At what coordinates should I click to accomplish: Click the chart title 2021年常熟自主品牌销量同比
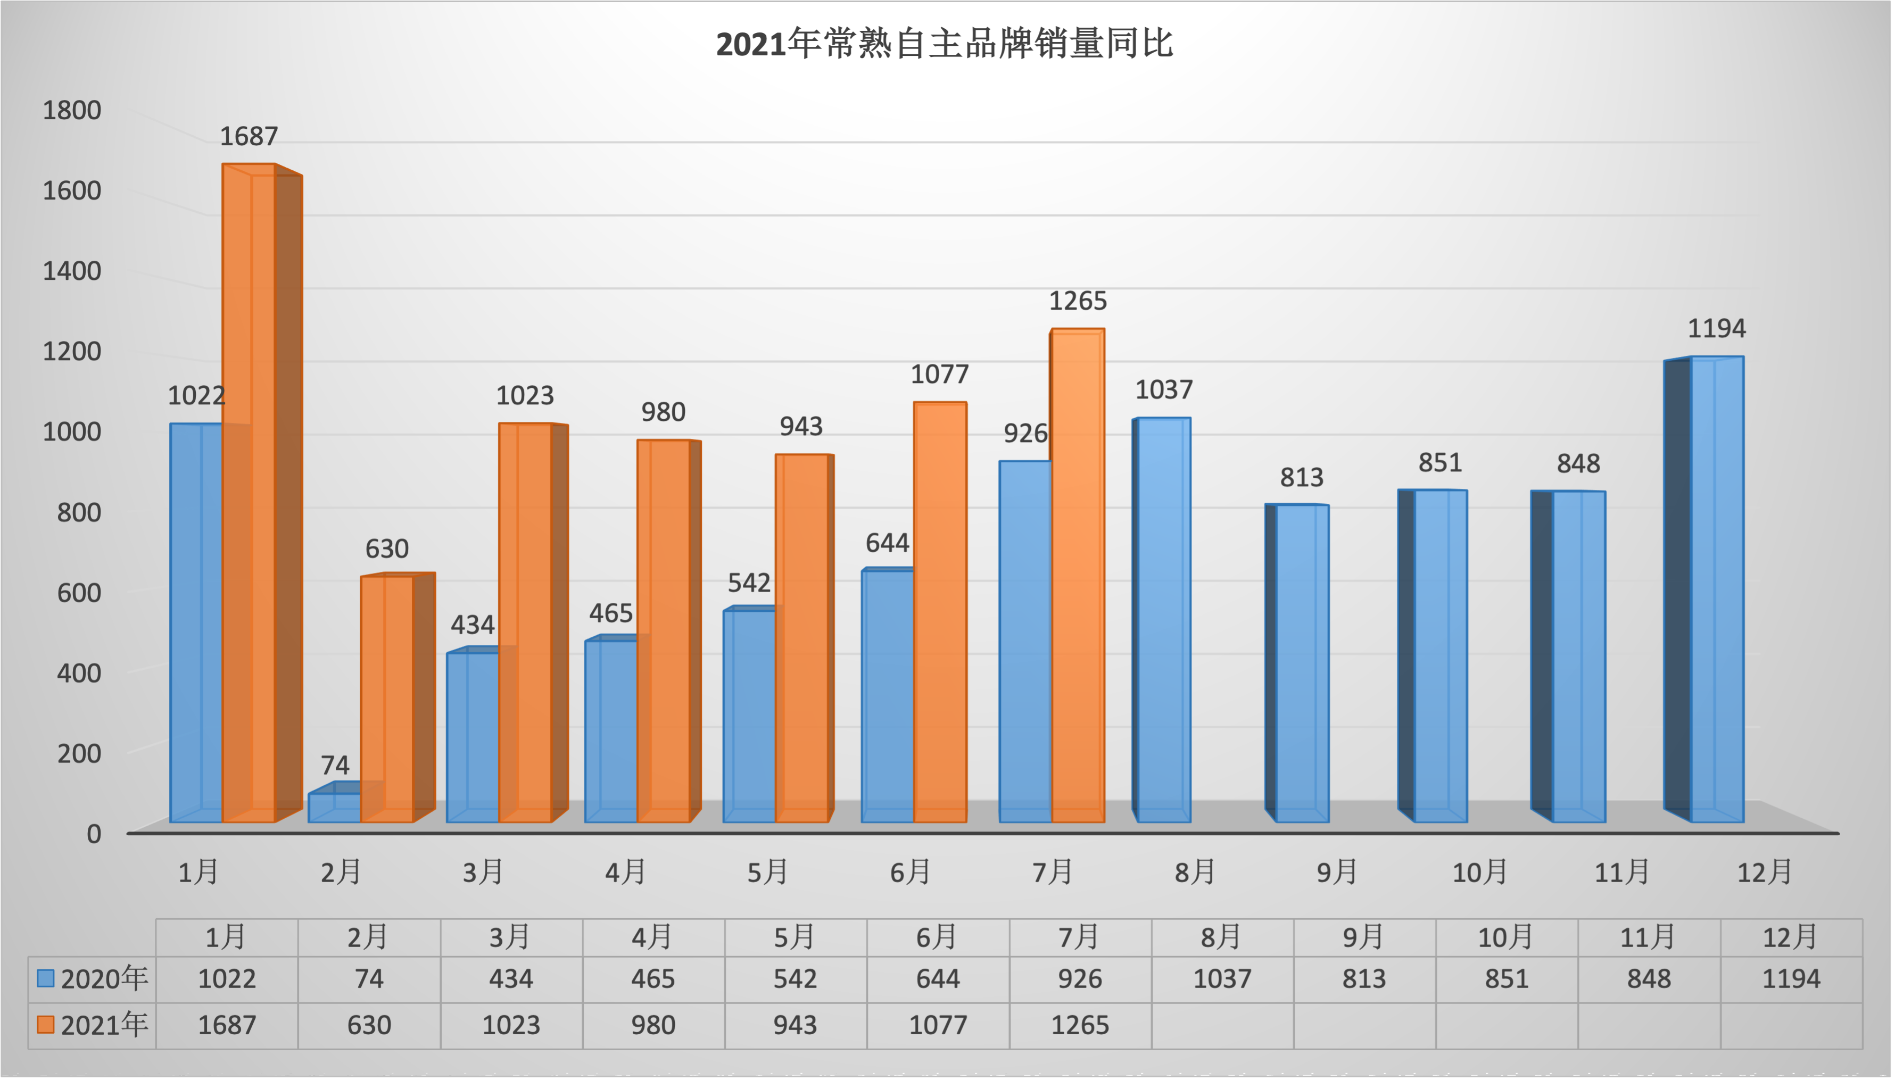pos(944,44)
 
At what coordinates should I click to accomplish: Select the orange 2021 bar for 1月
pos(249,489)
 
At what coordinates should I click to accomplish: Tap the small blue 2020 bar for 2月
pos(334,807)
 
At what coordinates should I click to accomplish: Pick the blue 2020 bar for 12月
pos(1716,589)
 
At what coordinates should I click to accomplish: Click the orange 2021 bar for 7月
pos(1077,575)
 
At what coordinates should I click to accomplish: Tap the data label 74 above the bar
pos(335,765)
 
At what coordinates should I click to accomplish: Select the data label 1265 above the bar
pos(1077,301)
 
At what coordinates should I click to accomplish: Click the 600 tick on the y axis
pos(79,593)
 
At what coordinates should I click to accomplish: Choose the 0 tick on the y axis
pos(94,834)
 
